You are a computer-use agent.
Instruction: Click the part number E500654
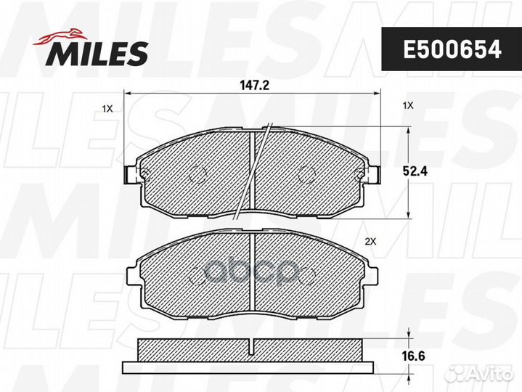(452, 49)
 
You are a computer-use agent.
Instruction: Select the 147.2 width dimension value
(254, 86)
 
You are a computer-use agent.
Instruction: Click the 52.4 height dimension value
(415, 171)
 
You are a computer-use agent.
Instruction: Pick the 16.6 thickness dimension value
(414, 356)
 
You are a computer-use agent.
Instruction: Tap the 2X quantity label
(370, 242)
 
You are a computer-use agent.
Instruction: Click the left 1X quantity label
(107, 108)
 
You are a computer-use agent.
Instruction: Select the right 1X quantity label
(408, 106)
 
